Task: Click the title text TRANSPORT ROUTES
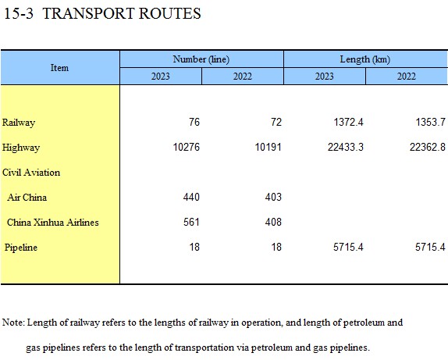122,13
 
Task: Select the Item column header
59,68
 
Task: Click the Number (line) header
201,59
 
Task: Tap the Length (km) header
364,59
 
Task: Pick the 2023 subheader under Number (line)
160,77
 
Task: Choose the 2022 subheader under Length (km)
407,77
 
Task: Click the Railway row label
19,123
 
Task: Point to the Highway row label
21,148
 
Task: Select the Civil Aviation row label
31,173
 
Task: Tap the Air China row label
27,198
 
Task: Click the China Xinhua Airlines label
53,223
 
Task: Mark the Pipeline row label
21,248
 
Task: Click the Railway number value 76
194,122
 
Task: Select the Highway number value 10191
268,147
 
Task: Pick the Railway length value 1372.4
348,122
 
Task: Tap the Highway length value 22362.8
428,147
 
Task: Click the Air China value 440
191,197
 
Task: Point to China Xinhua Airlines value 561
191,222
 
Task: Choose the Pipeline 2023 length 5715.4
348,247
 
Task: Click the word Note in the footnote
12,323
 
